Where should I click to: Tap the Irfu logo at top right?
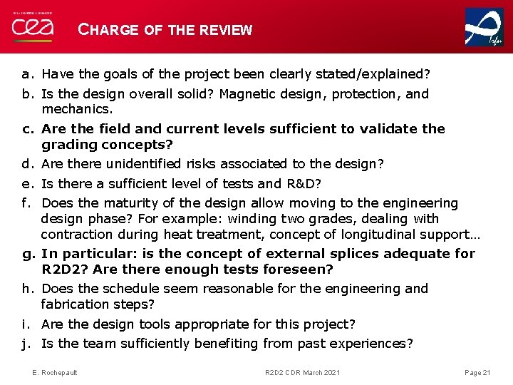(484, 27)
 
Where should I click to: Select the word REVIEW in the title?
(226, 30)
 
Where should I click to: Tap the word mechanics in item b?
(76, 110)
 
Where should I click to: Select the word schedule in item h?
(134, 289)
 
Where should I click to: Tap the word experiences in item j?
(372, 344)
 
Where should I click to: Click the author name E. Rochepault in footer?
(56, 372)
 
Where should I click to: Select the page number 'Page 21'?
(477, 372)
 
